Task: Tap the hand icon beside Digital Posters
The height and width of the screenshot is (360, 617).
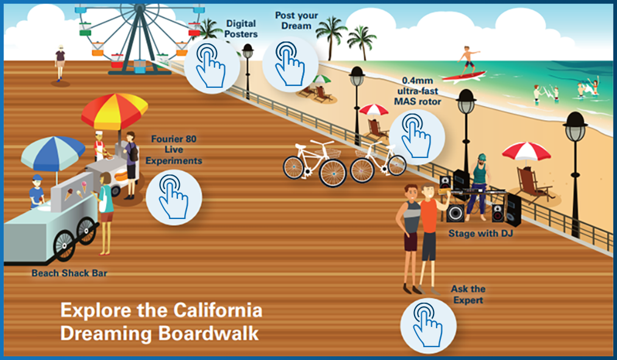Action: point(212,66)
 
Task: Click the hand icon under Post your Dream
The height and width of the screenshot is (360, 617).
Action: point(290,64)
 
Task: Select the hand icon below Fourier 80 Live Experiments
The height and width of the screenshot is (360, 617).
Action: point(174,197)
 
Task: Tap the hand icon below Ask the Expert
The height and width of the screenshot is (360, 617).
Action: point(428,326)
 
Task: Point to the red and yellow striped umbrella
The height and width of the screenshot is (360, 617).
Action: point(115,112)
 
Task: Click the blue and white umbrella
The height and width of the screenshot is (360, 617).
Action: point(52,152)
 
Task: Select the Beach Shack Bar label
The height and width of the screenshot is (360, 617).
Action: point(70,273)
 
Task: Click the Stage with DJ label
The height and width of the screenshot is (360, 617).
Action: point(480,234)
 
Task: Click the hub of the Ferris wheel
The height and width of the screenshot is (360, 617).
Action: point(139,8)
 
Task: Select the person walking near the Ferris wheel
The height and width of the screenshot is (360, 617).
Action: point(60,63)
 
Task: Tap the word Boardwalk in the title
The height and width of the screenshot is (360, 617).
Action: point(209,334)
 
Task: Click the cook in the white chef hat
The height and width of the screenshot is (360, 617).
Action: point(99,146)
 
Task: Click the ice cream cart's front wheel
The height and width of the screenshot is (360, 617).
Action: point(65,244)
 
